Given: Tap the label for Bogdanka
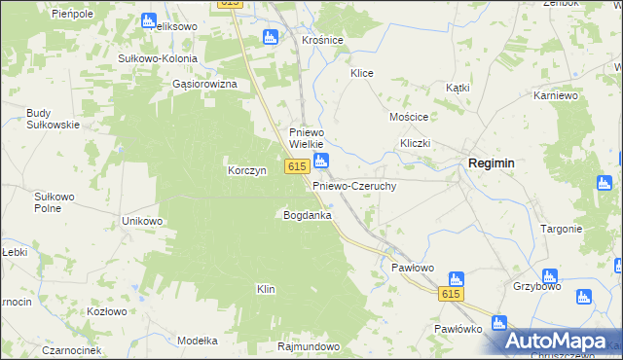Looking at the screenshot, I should (x=307, y=214).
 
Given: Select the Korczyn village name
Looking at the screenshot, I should (x=246, y=170).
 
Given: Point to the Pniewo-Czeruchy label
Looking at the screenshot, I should (x=353, y=185).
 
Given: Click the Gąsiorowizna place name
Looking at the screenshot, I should (x=204, y=84).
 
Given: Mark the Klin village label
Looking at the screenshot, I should (x=266, y=289).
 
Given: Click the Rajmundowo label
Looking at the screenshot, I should (x=308, y=346).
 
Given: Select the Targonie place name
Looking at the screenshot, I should (x=562, y=229).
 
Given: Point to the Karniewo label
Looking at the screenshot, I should (x=557, y=96).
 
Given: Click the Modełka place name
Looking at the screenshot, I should (x=198, y=341).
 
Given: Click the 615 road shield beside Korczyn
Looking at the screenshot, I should (x=298, y=167).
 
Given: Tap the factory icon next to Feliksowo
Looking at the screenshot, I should (x=148, y=20).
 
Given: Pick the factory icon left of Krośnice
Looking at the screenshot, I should (x=272, y=38).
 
